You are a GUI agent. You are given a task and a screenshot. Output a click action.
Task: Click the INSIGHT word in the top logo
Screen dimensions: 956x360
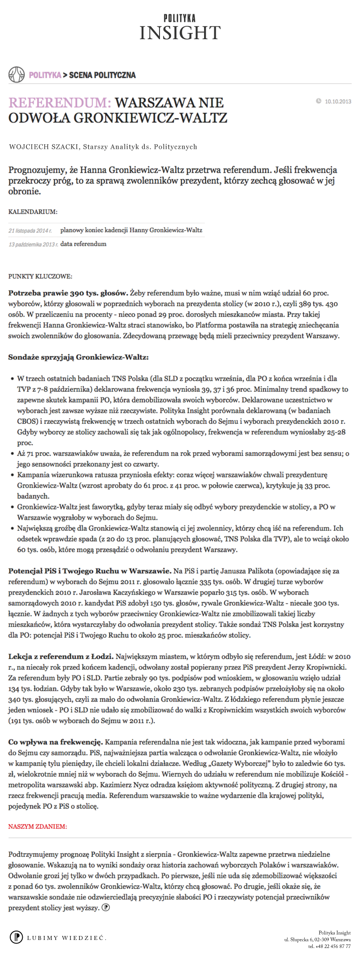point(180,33)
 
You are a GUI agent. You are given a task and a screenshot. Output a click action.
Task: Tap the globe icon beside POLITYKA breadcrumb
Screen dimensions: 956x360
point(16,74)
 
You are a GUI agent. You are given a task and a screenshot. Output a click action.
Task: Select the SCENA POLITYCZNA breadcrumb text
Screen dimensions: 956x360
point(102,75)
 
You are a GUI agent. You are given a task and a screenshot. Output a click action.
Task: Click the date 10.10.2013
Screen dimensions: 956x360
point(338,101)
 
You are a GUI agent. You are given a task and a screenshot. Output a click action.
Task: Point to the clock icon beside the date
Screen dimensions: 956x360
point(319,101)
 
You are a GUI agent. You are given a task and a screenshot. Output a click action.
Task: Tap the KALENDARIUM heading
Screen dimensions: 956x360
point(33,212)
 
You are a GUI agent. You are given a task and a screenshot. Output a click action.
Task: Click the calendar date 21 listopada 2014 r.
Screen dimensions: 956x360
point(30,231)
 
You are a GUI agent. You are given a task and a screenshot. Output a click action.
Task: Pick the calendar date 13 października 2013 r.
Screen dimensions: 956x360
point(33,245)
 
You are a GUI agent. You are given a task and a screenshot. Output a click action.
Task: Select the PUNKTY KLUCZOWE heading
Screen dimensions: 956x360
point(40,277)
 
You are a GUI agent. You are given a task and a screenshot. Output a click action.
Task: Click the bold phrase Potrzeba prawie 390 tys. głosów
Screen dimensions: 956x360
point(68,293)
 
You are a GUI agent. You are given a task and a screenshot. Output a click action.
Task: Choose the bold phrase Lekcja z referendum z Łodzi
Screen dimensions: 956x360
point(61,657)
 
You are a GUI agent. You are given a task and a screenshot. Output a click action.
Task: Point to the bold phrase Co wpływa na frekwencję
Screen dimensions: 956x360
point(56,742)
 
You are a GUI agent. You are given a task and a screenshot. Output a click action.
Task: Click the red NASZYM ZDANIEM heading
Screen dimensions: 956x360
point(37,826)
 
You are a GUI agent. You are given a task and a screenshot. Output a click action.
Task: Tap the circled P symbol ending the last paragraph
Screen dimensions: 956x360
point(106,907)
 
